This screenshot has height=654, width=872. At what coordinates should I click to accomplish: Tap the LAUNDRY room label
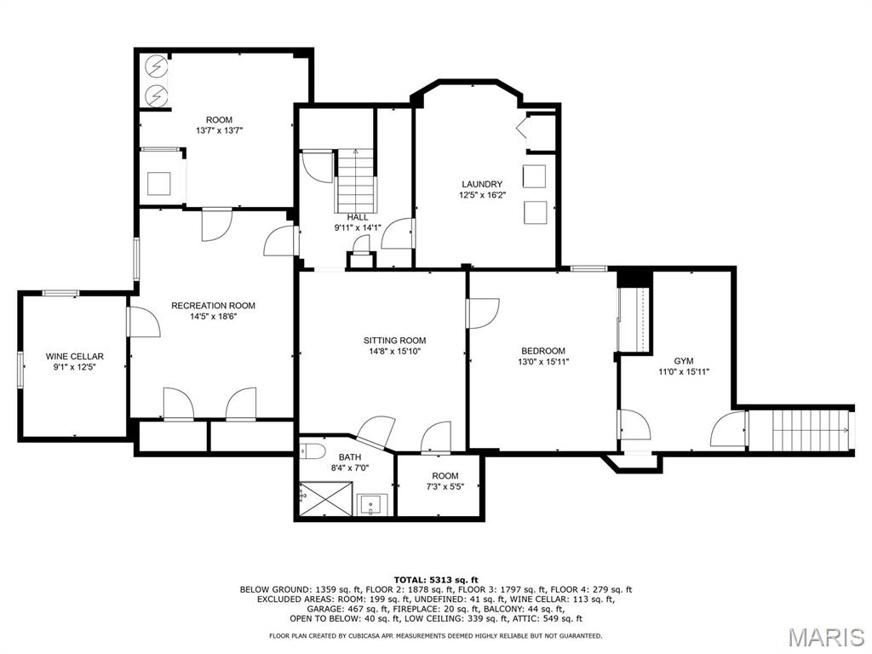tap(482, 184)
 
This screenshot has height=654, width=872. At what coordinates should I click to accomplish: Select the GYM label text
tap(683, 361)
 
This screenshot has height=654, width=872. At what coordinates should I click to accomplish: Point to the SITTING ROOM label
tap(394, 341)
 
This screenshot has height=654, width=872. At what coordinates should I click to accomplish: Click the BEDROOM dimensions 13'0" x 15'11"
tap(543, 362)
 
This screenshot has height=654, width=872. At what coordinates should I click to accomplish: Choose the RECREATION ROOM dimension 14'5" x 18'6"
tap(213, 317)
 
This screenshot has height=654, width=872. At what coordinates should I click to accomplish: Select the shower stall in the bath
tap(325, 498)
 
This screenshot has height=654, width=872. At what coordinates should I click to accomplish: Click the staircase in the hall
tap(356, 181)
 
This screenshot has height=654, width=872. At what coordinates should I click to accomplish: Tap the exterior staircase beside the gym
tap(801, 430)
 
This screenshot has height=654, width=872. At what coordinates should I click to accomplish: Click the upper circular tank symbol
tap(156, 66)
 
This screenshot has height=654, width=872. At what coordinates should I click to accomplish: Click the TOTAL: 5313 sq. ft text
tap(435, 579)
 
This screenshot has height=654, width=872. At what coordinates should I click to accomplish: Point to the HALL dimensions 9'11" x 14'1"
tap(358, 227)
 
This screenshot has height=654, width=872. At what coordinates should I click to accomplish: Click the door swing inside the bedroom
tap(483, 313)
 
